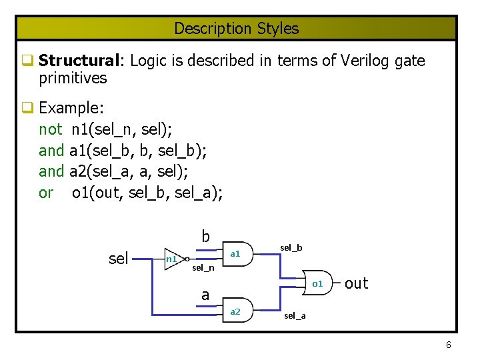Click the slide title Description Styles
tap(237, 29)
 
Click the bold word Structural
tap(78, 61)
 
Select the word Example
tap(69, 108)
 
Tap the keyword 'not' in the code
tap(51, 129)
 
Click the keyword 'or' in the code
tap(46, 193)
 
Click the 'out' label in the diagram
tap(356, 283)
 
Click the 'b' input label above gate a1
tap(206, 237)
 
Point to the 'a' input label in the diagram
tap(205, 295)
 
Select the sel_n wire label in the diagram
tap(203, 268)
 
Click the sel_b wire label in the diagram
tap(291, 248)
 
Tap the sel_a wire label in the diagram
tap(295, 315)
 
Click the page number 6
tap(448, 345)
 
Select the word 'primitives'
tap(73, 78)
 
